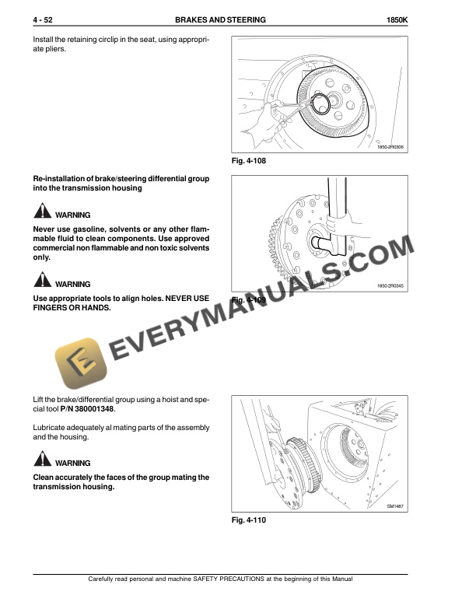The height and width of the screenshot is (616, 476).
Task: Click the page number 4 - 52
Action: [44, 19]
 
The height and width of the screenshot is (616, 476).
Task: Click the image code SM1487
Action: [397, 506]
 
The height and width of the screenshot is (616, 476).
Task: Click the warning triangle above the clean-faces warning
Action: [41, 461]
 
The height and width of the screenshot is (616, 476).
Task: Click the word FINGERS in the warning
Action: [54, 307]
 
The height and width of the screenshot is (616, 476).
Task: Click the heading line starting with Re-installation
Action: [121, 179]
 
